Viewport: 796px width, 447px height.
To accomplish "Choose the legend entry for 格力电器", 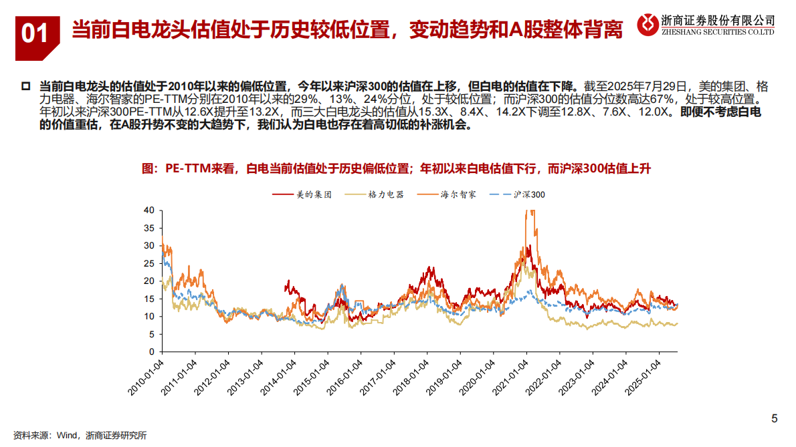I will coord(374,194).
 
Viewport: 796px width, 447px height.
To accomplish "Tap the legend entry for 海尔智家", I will coord(447,194).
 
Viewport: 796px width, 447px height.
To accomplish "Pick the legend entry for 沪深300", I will coord(518,194).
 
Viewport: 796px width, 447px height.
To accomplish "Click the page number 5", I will coord(774,419).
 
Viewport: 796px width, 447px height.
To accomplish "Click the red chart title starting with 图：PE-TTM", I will coord(397,169).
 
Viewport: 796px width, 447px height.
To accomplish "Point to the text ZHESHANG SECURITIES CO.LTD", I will coord(717,31).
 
